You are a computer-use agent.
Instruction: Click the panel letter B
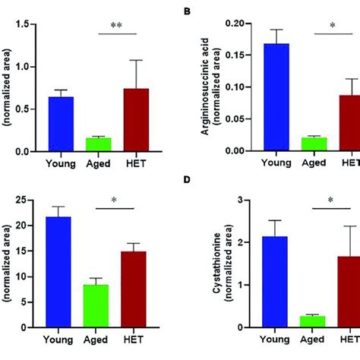point(186,11)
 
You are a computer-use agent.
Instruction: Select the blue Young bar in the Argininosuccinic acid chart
point(276,97)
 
